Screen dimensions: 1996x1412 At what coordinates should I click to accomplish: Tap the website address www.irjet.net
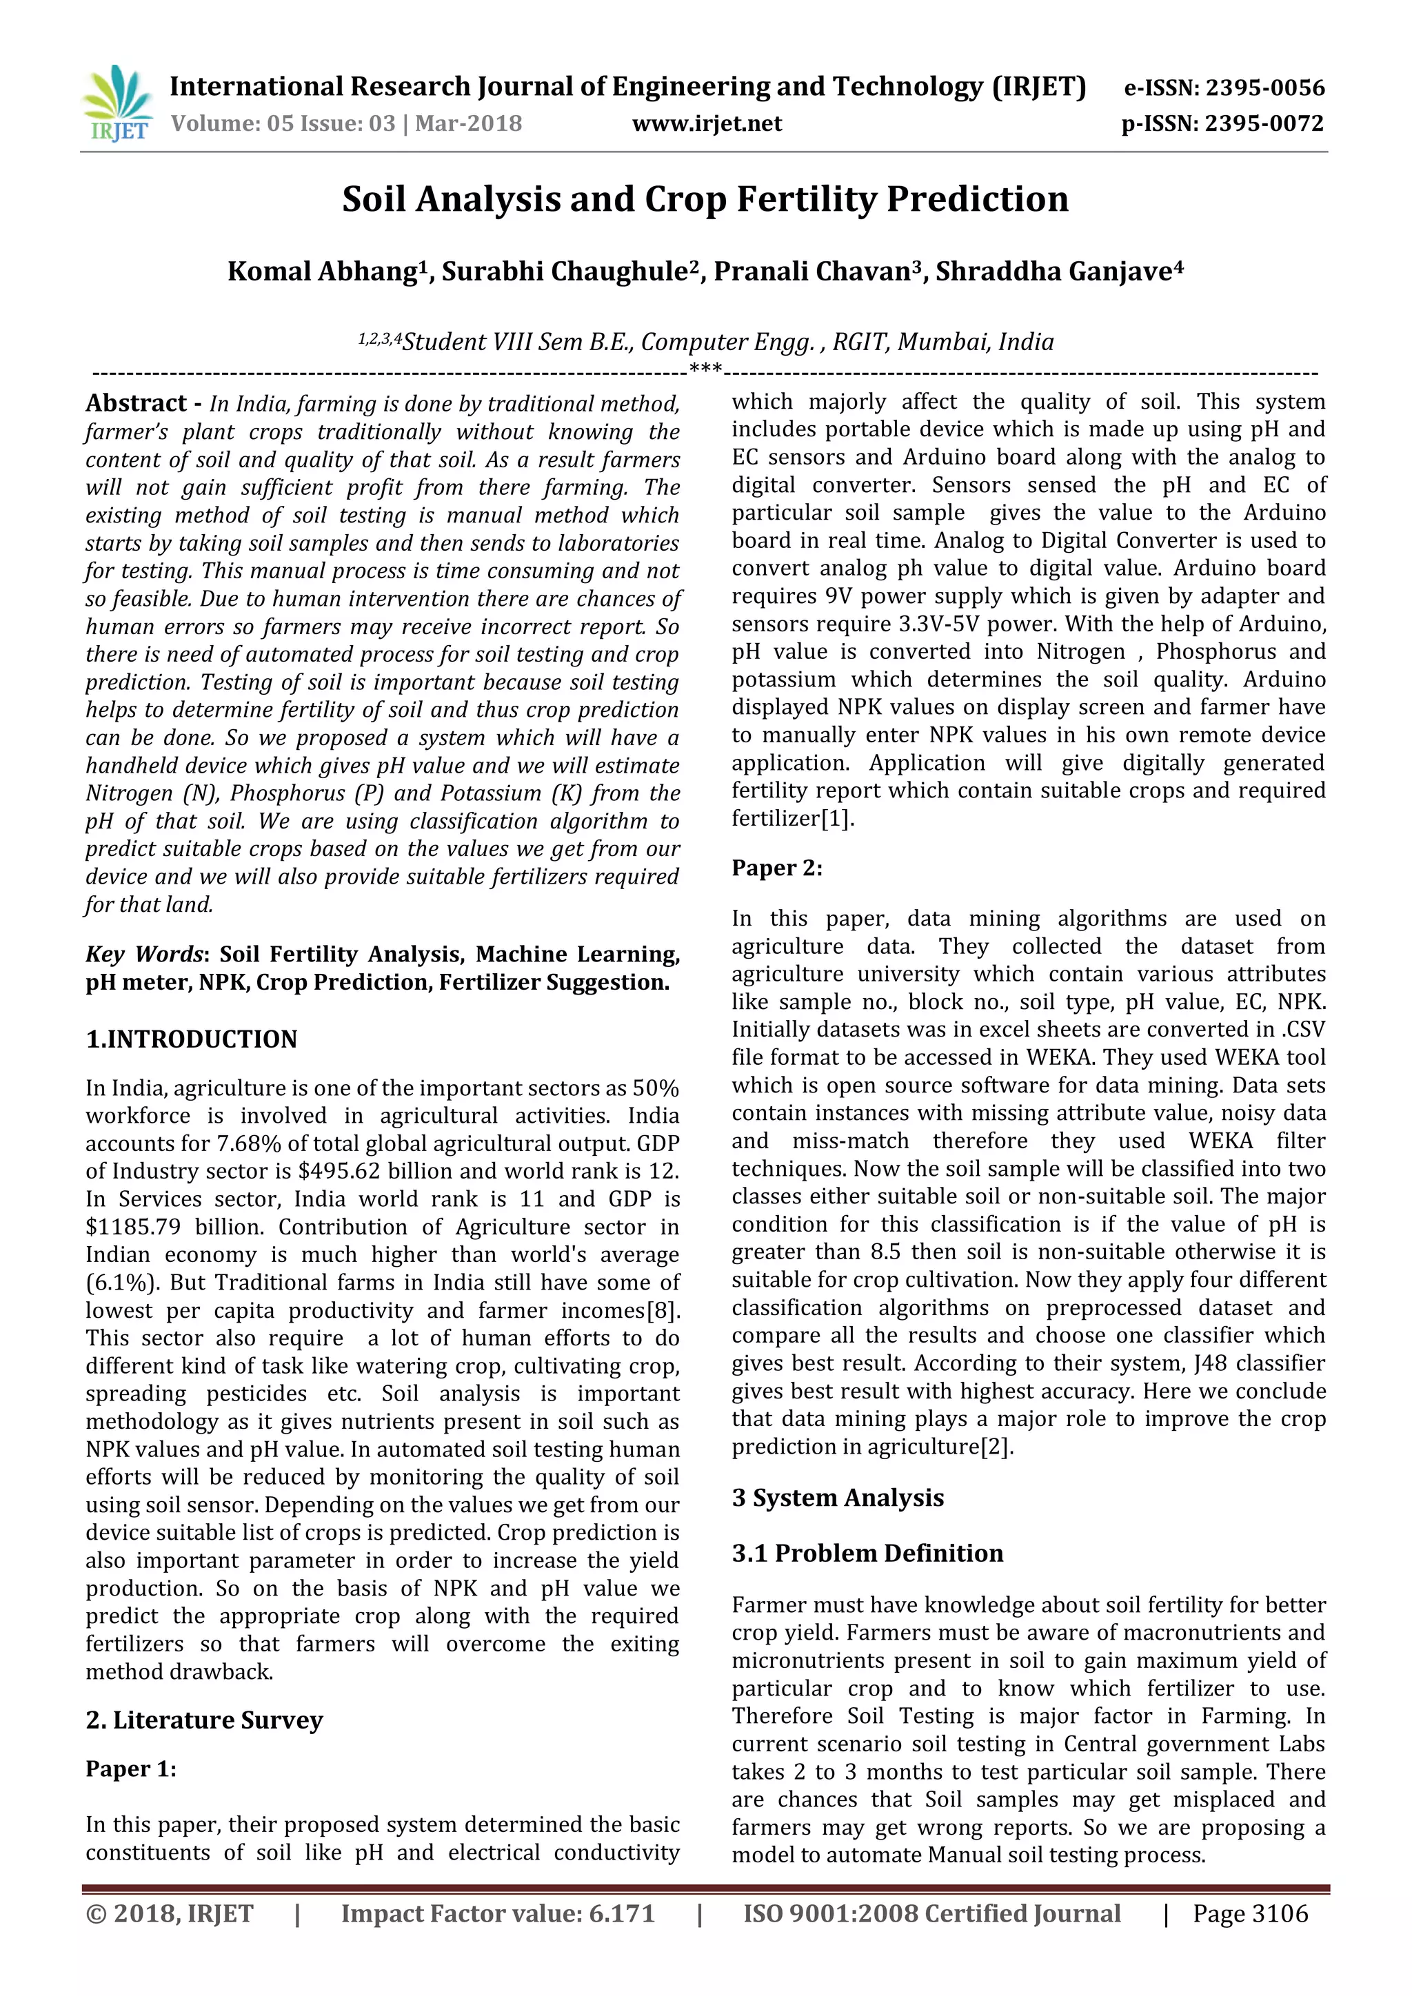(x=707, y=123)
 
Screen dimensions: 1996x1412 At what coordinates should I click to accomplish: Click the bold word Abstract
(x=136, y=403)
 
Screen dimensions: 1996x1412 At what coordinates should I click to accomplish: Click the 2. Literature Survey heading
(x=204, y=1720)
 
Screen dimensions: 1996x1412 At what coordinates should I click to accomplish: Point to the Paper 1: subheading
(x=130, y=1769)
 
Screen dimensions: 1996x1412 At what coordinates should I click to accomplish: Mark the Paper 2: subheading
(x=776, y=868)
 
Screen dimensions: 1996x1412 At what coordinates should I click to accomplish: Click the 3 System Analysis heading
(x=837, y=1497)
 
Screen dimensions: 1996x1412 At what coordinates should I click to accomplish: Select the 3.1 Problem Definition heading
(x=867, y=1553)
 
